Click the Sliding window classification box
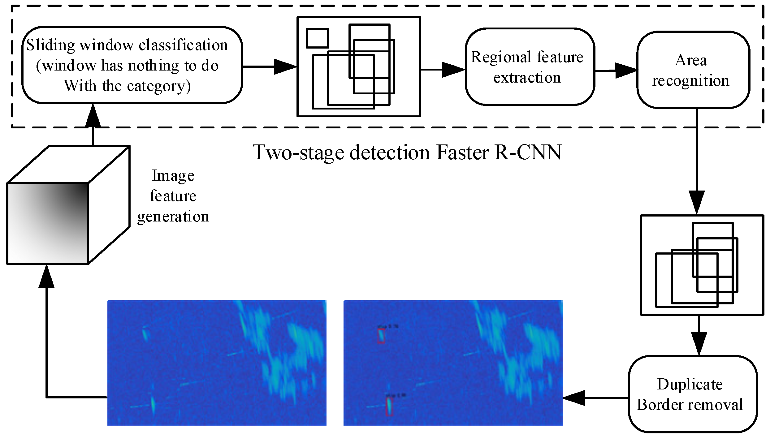(132, 65)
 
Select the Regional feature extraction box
(530, 67)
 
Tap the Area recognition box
(693, 70)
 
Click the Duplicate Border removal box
(693, 394)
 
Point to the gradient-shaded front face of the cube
(48, 223)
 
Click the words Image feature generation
(173, 196)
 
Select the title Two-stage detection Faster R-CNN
(407, 152)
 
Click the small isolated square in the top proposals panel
(317, 38)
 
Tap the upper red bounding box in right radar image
(381, 336)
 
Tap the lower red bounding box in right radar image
(389, 406)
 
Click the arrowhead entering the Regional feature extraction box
(453, 70)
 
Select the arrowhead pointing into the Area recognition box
(626, 71)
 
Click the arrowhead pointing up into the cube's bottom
(46, 276)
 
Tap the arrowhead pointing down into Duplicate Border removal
(699, 343)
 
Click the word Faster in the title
(463, 152)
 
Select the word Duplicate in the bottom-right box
(690, 384)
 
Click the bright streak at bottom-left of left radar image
(152, 403)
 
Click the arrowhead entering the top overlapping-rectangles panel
(285, 67)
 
